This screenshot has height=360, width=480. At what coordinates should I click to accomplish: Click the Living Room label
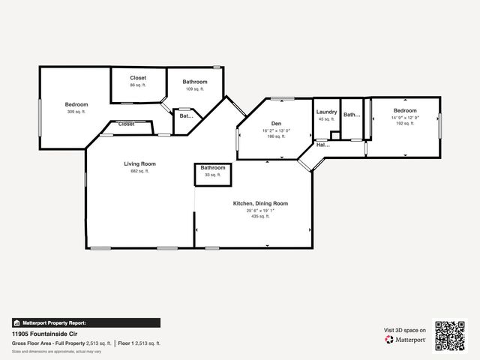[x=139, y=163]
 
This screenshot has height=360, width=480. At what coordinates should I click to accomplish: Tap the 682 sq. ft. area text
[x=139, y=171]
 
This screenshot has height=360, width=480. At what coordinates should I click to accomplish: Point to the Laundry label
[x=326, y=112]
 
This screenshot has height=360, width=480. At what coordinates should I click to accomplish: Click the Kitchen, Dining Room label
[x=261, y=203]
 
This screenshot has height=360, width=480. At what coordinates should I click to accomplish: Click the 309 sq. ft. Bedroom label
[x=76, y=104]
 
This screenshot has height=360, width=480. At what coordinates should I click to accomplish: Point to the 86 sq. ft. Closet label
[x=138, y=78]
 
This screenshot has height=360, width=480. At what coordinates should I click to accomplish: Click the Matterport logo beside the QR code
[x=406, y=340]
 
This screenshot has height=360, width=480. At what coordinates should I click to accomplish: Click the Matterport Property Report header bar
[x=85, y=322]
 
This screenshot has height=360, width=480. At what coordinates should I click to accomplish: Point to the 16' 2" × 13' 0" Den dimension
[x=276, y=130]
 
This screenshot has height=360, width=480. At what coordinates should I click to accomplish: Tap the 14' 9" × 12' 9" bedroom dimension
[x=403, y=117]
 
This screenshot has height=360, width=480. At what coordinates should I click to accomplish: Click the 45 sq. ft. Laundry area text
[x=326, y=118]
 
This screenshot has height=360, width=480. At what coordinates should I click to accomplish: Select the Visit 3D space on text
[x=405, y=330]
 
